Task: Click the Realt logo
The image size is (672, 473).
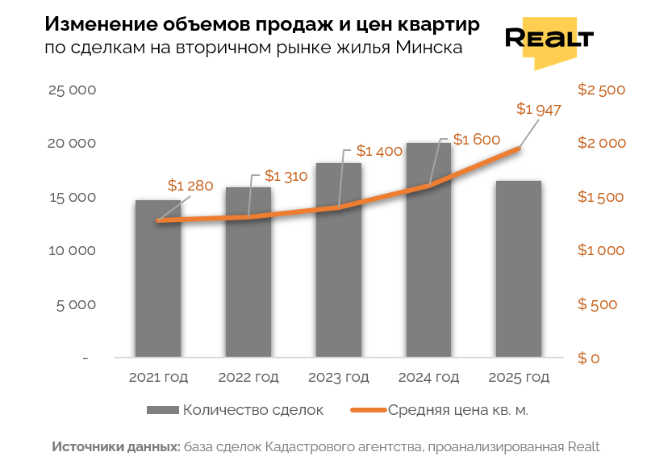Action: coord(549,40)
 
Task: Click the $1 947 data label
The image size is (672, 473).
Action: coord(538,109)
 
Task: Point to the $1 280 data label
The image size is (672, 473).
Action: coord(190,186)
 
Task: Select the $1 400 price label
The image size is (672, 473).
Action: coord(379,151)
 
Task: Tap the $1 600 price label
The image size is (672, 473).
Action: coord(477,140)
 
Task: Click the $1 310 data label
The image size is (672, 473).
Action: coord(287,175)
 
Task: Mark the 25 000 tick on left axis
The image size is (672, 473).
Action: coord(73,90)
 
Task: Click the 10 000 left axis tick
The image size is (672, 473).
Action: coord(73,250)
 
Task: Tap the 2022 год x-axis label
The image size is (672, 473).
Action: coord(248,377)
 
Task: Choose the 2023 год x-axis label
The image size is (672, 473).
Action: coord(338,377)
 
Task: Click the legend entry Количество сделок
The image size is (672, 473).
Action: coord(253,410)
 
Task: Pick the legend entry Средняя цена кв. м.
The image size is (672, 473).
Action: coord(458,410)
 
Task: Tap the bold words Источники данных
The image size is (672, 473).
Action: coord(116,446)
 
